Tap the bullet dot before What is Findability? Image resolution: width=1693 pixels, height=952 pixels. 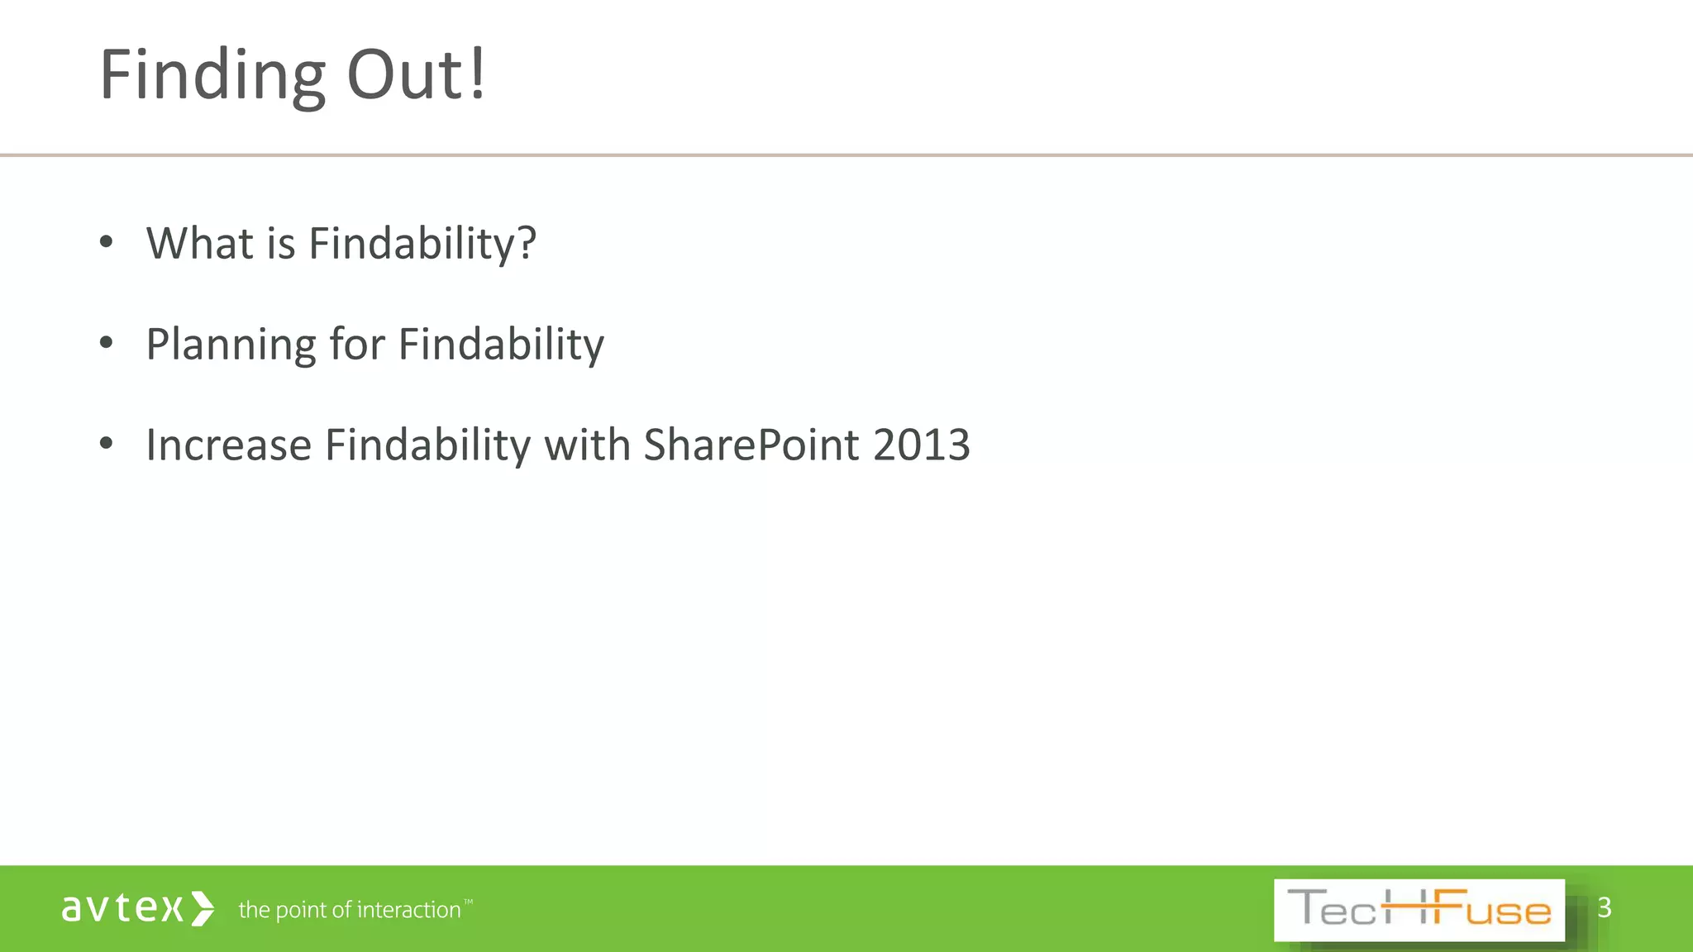(106, 242)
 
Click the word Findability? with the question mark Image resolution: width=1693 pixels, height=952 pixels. (422, 245)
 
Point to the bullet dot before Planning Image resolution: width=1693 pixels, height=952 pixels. (106, 343)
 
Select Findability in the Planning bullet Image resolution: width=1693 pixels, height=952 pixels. (501, 345)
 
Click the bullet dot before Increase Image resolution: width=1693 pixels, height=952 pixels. (106, 444)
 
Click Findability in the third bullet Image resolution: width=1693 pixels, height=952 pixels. (427, 446)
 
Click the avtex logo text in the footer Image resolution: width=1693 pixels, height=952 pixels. (122, 908)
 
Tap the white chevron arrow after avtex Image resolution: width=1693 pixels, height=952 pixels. (203, 908)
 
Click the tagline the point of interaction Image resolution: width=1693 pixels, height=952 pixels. (350, 910)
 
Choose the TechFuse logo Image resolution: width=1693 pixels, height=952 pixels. (1419, 910)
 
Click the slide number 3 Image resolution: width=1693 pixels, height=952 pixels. (1604, 907)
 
